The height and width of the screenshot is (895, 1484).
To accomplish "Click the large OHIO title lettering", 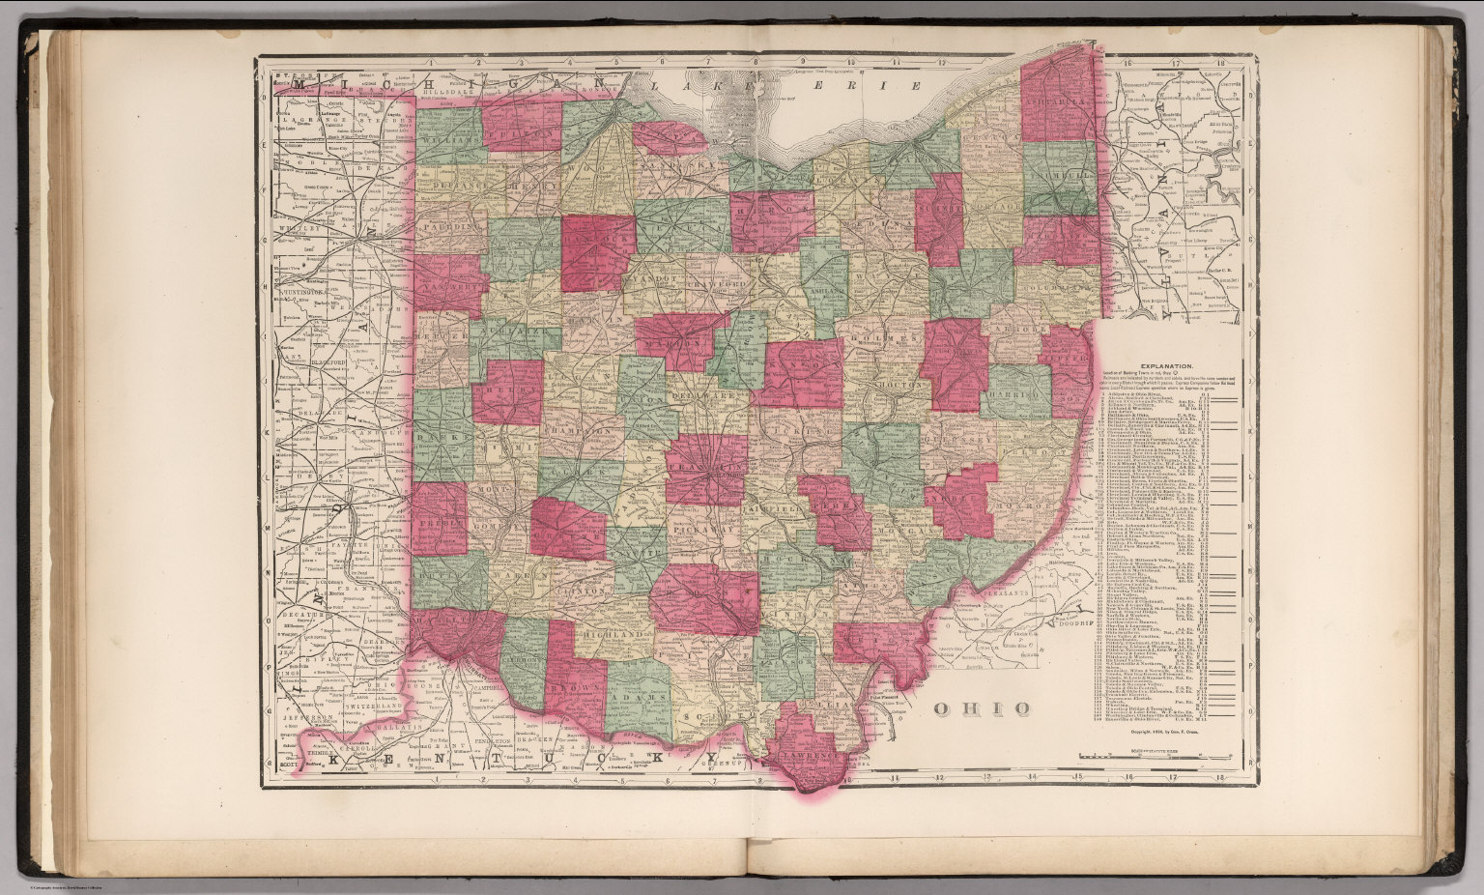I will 981,708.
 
